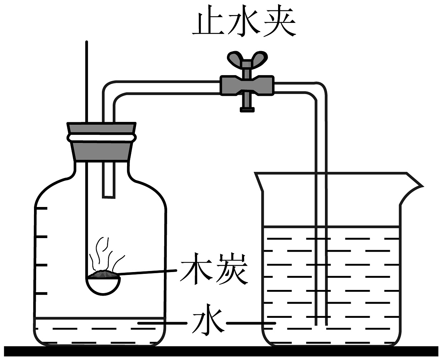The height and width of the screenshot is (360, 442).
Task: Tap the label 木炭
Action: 214,269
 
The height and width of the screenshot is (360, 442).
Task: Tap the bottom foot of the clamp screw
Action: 247,109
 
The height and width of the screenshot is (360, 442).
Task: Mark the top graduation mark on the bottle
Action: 42,208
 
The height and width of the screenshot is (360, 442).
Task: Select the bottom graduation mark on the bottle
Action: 42,293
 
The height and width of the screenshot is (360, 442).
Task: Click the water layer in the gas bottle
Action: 100,331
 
